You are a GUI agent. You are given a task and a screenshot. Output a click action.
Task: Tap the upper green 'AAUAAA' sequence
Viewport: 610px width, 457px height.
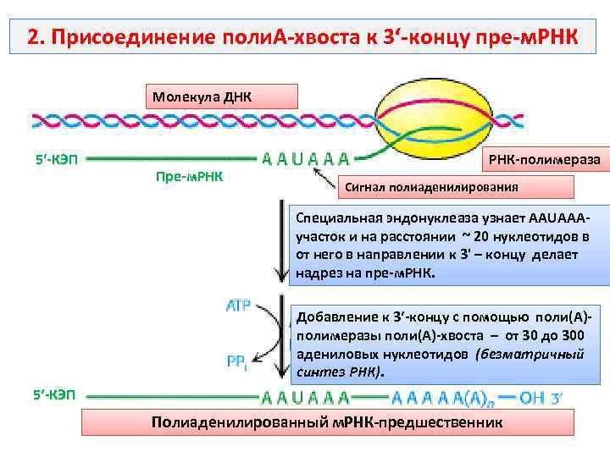pos(306,158)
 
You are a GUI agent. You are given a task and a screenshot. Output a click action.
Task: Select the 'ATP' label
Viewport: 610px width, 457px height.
pos(238,306)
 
